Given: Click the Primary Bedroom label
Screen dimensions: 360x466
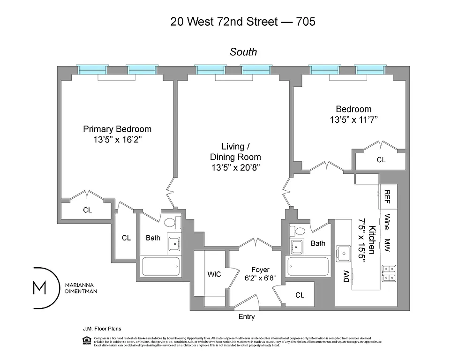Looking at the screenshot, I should tap(117, 129).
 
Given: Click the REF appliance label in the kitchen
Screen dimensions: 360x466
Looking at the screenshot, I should tap(388, 197).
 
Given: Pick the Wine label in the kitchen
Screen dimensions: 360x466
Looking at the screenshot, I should tap(388, 221).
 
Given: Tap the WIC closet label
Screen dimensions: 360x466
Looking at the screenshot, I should tap(214, 274).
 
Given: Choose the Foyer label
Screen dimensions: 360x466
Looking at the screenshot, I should tap(260, 270).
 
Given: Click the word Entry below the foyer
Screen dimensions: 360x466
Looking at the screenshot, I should tap(247, 317).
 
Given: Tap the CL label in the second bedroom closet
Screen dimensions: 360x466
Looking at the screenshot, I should tap(381, 160).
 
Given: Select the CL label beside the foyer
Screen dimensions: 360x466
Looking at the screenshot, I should tap(300, 295).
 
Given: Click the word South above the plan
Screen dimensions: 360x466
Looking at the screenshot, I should tap(243, 52).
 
